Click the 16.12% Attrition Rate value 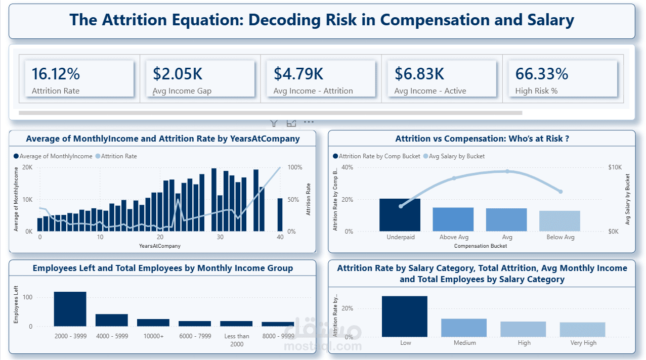tap(56, 74)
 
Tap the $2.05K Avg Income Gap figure tap(178, 74)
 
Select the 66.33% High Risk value tap(542, 74)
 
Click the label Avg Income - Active tap(430, 91)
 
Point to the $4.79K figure tap(298, 74)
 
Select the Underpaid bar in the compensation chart tap(400, 215)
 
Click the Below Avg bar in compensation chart tap(559, 221)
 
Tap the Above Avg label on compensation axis tap(454, 237)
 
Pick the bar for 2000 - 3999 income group tap(70, 309)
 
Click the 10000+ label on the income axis tap(153, 336)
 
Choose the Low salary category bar tap(405, 317)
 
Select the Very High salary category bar tap(583, 330)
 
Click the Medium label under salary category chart tap(464, 343)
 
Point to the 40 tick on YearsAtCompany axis tap(280, 237)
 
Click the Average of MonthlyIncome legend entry tap(53, 156)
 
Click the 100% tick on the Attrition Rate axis tap(295, 167)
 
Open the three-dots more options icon tap(309, 122)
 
